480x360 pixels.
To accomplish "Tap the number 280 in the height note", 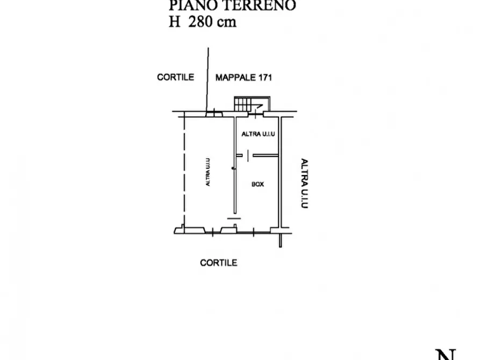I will (x=201, y=23).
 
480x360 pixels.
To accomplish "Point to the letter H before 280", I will (x=175, y=23).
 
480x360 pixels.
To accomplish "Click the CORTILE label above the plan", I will (x=175, y=77).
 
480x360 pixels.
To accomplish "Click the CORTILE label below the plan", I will (x=219, y=263).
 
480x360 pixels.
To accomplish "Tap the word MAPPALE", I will (x=235, y=77).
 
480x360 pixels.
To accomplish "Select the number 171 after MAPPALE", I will (x=264, y=77).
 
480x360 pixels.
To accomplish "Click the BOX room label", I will (x=258, y=184).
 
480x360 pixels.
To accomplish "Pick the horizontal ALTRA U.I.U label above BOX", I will (x=259, y=134).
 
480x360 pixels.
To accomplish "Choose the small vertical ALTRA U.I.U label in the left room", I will (x=208, y=172).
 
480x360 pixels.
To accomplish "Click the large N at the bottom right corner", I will (x=447, y=354).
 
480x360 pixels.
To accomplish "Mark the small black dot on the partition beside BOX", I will (x=233, y=169).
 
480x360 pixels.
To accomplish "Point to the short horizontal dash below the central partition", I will (x=234, y=218).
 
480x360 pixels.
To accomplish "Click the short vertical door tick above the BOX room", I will (x=247, y=156).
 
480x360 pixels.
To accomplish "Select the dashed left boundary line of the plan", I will (x=184, y=172).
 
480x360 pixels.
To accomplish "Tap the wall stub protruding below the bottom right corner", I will (x=281, y=240).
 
